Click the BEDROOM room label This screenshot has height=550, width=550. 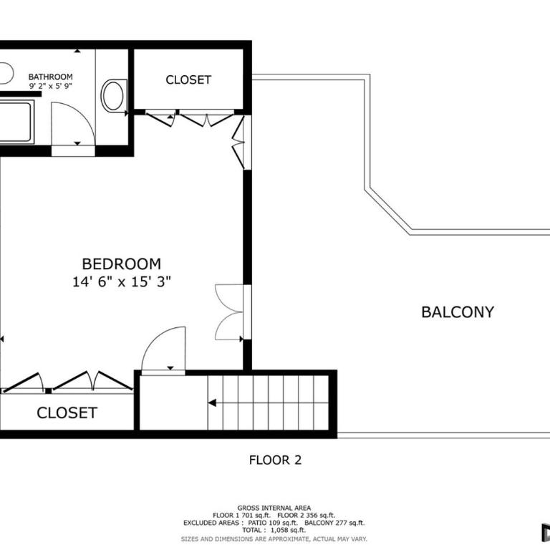(x=121, y=264)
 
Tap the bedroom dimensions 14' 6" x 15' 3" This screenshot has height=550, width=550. (x=121, y=281)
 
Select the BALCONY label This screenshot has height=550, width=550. (x=458, y=312)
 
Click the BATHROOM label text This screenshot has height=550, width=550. (x=51, y=77)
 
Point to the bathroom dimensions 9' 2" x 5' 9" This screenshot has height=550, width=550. (x=51, y=86)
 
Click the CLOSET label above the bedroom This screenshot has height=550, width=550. (x=188, y=79)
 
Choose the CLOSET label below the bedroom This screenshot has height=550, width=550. (x=67, y=412)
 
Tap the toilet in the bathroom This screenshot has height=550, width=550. (x=114, y=95)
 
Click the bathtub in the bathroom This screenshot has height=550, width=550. (x=17, y=122)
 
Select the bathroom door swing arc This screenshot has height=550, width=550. (x=82, y=113)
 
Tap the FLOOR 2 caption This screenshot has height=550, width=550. (x=275, y=460)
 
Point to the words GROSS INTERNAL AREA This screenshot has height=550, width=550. (x=274, y=508)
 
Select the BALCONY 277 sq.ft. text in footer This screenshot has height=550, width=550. (x=334, y=523)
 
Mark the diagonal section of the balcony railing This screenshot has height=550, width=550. (x=387, y=212)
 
